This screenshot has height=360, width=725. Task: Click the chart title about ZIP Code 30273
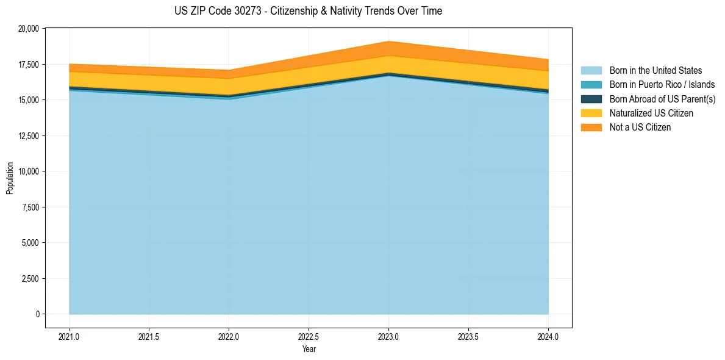[308, 11]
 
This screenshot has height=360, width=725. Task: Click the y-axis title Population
[10, 178]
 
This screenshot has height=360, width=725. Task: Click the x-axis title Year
[309, 350]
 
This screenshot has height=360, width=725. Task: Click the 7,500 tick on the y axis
[29, 207]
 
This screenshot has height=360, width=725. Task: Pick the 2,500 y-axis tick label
[29, 278]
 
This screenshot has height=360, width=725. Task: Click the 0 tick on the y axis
[37, 314]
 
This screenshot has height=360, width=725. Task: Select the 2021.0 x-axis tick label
[70, 336]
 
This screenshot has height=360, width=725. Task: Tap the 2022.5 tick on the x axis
[309, 336]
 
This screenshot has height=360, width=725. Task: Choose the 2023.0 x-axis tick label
[388, 336]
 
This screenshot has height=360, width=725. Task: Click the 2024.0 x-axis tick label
[548, 336]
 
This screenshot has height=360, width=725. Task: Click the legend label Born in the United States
[655, 71]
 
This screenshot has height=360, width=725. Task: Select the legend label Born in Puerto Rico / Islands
[662, 85]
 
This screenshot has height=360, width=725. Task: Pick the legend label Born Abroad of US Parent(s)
[662, 99]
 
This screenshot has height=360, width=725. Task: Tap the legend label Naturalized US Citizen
[651, 113]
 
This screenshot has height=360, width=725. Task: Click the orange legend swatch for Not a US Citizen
[591, 128]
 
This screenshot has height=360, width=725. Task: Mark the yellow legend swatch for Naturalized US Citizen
[591, 113]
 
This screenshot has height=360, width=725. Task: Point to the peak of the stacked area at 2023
[388, 41]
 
